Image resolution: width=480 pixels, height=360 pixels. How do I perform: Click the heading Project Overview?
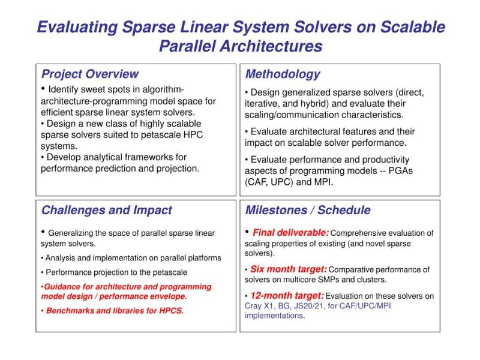89,74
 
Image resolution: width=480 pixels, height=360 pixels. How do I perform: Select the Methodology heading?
282,74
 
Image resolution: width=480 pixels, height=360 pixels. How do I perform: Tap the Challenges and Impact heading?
106,211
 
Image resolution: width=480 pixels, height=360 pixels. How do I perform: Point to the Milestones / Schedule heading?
307,211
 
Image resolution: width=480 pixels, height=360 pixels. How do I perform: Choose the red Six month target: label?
288,269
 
